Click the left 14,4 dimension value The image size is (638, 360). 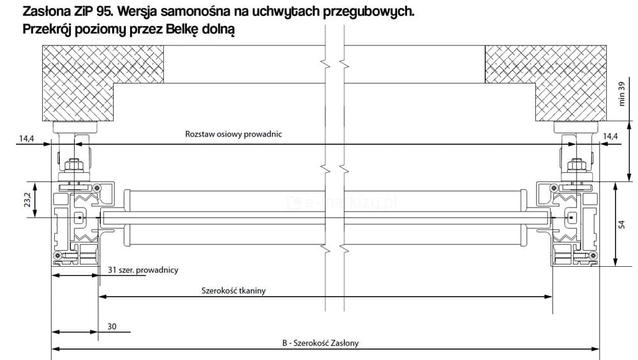click(x=27, y=137)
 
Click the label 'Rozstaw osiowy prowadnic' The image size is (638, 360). click(x=234, y=135)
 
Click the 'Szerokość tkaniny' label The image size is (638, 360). click(x=234, y=291)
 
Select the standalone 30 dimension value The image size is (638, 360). click(x=112, y=326)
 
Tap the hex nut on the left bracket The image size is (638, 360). click(x=74, y=166)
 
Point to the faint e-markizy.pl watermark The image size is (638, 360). click(x=345, y=202)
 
